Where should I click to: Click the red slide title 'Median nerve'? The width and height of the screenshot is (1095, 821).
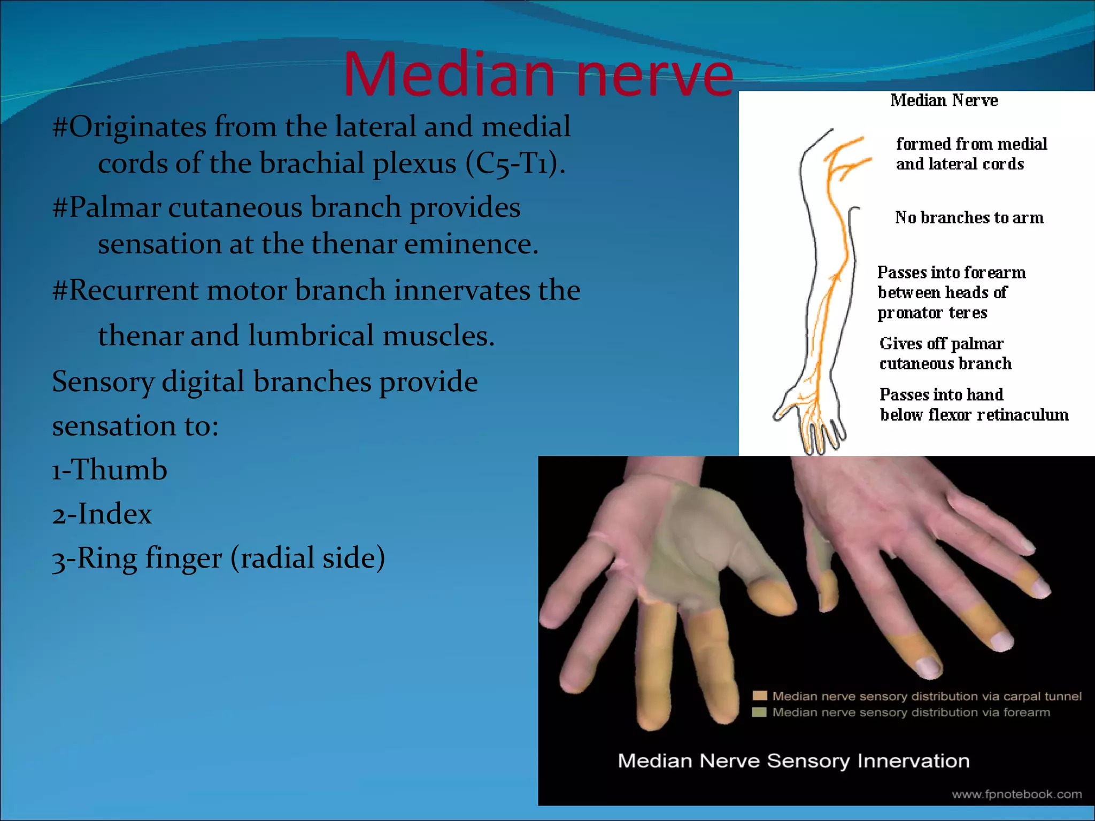(x=537, y=75)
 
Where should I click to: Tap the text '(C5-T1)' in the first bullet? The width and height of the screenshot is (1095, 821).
(x=514, y=163)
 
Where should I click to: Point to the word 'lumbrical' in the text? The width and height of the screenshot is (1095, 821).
(x=311, y=336)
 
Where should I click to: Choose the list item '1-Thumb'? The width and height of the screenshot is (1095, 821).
(x=109, y=470)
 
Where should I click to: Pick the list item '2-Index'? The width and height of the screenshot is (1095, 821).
(x=102, y=514)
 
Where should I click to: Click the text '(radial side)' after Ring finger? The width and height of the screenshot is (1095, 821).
(x=307, y=558)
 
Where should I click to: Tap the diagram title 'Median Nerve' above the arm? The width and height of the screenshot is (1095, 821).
(x=944, y=100)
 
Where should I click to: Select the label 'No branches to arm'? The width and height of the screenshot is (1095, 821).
(x=969, y=218)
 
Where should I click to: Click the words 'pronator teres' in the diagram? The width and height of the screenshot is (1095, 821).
(x=932, y=313)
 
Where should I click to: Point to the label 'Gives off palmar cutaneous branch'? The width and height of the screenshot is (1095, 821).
(x=945, y=354)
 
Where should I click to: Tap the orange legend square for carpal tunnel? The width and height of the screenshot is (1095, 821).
(x=759, y=695)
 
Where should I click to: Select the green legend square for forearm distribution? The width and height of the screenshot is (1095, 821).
(x=759, y=712)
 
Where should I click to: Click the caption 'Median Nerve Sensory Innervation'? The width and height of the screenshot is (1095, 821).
(x=793, y=761)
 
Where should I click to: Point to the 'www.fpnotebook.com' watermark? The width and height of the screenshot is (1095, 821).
(x=1016, y=794)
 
